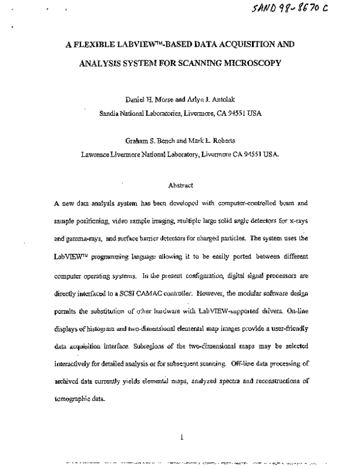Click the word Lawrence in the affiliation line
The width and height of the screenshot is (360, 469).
[97, 154]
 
